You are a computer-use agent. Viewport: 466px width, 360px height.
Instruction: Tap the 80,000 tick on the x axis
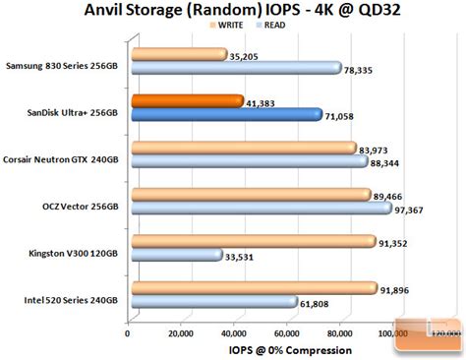click(341, 333)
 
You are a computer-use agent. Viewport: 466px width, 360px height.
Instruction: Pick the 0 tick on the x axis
click(127, 333)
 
